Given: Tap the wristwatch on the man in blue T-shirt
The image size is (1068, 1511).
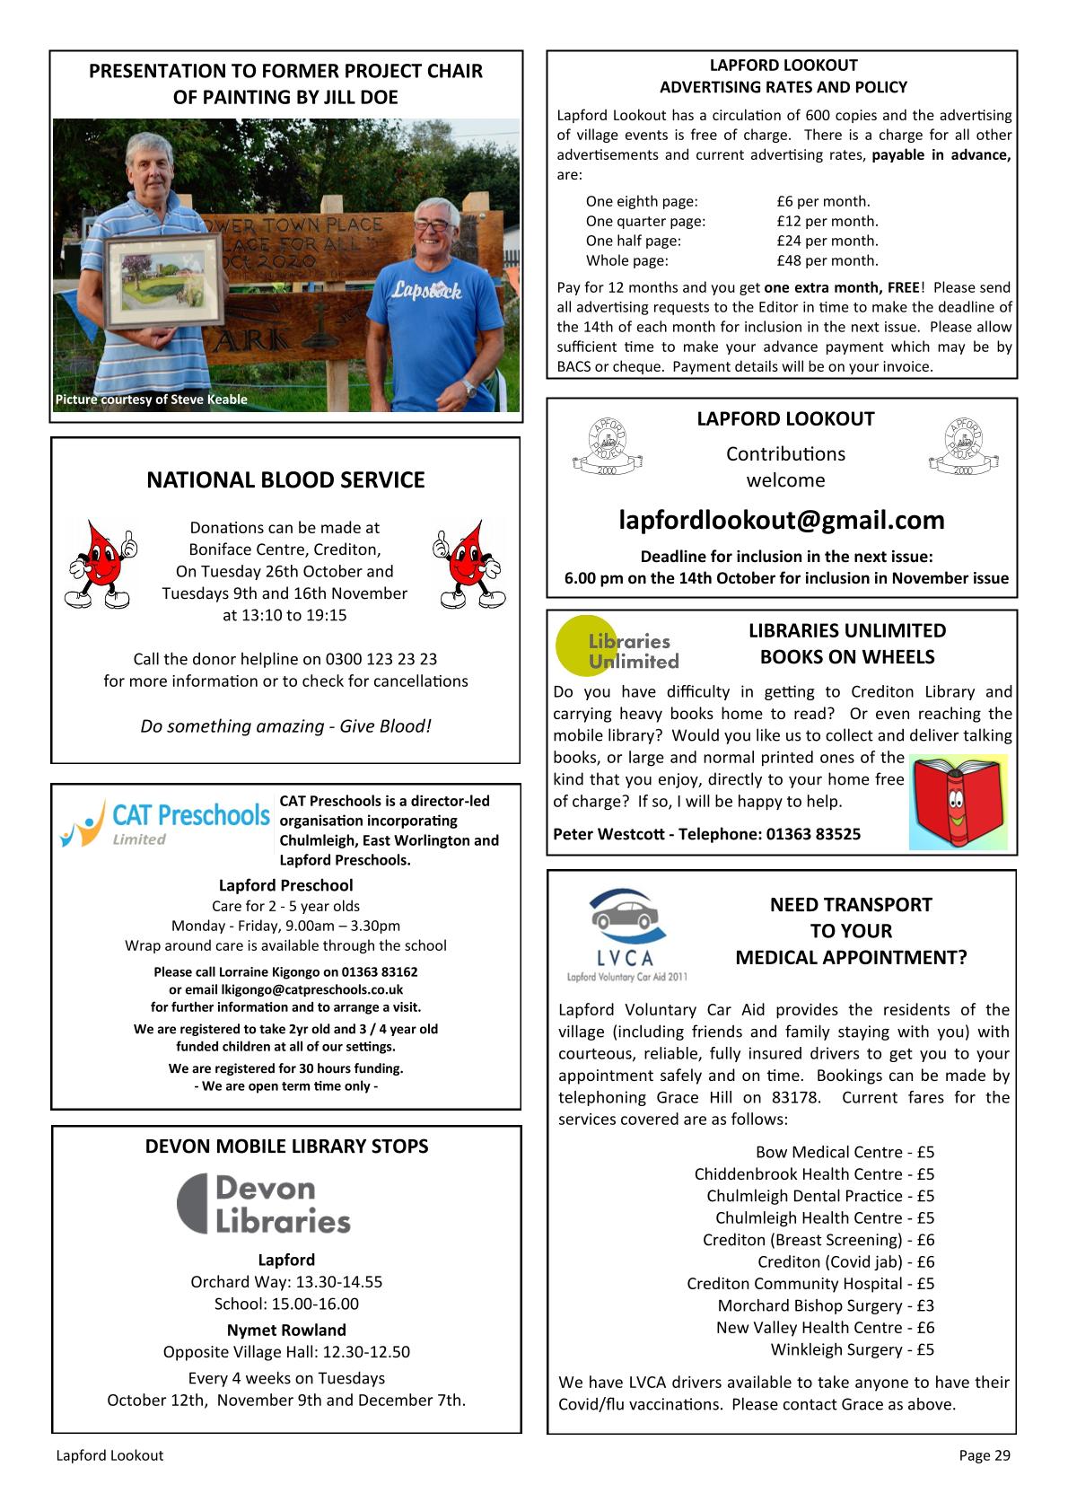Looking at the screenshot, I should pos(468,388).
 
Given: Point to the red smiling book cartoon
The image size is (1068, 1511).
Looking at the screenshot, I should pos(958,802).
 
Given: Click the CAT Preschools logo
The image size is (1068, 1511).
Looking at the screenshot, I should pos(164,822).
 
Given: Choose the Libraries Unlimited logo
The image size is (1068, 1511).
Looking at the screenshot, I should pos(617,646).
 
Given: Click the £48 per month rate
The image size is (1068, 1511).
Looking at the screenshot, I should pos(827,260).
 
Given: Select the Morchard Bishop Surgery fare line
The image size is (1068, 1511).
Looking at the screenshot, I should pos(825,1305).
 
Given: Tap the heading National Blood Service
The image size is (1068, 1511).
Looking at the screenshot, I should pos(285,480).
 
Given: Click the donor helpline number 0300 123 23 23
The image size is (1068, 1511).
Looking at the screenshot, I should pos(381,659).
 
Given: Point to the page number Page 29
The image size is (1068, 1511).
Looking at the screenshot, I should pos(984,1455).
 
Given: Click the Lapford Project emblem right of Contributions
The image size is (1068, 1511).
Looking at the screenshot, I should pos(963,446).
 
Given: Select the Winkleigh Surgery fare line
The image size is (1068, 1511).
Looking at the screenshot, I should pos(852,1349).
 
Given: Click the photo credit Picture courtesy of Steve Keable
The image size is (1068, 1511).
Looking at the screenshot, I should pos(151,400).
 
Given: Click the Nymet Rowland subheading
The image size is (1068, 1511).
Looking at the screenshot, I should pos(286,1330).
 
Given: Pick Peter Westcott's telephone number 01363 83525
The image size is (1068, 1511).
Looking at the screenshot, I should pos(812,834).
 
